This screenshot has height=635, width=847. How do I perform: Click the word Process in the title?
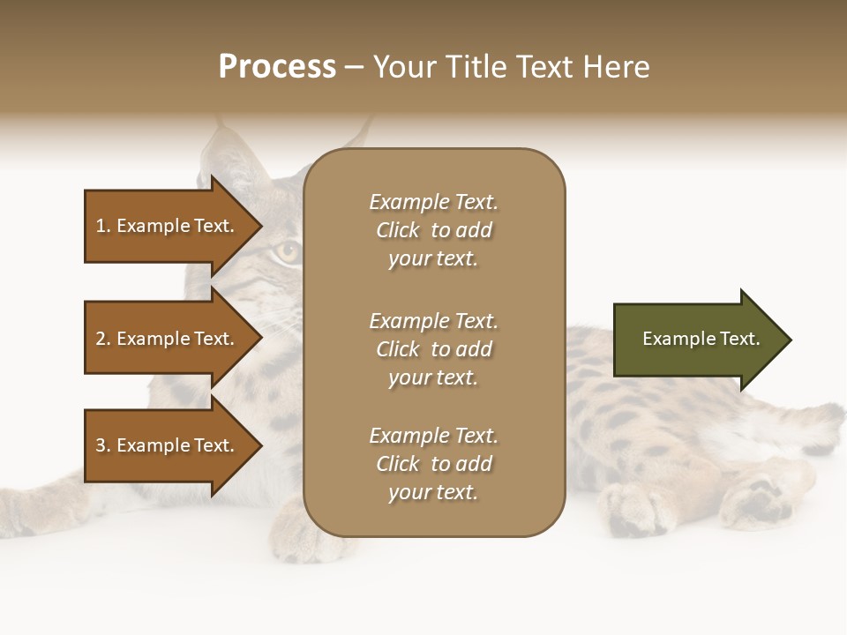(x=277, y=67)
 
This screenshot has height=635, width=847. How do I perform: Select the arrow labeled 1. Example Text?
(x=168, y=226)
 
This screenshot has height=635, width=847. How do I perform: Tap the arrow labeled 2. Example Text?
(x=168, y=339)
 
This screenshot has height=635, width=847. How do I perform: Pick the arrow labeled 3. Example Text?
(x=168, y=445)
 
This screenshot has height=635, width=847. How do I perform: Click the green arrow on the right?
(x=697, y=339)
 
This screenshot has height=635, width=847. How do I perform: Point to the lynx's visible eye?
(x=287, y=253)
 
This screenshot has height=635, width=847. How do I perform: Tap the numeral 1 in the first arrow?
(x=101, y=226)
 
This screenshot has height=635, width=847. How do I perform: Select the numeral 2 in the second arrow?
(x=101, y=339)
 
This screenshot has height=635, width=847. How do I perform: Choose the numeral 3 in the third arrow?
(x=101, y=445)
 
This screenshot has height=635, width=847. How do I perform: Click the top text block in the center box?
(x=433, y=230)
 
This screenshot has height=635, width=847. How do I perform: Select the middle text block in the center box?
(x=433, y=349)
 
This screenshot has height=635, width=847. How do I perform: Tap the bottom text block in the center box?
(x=433, y=464)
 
